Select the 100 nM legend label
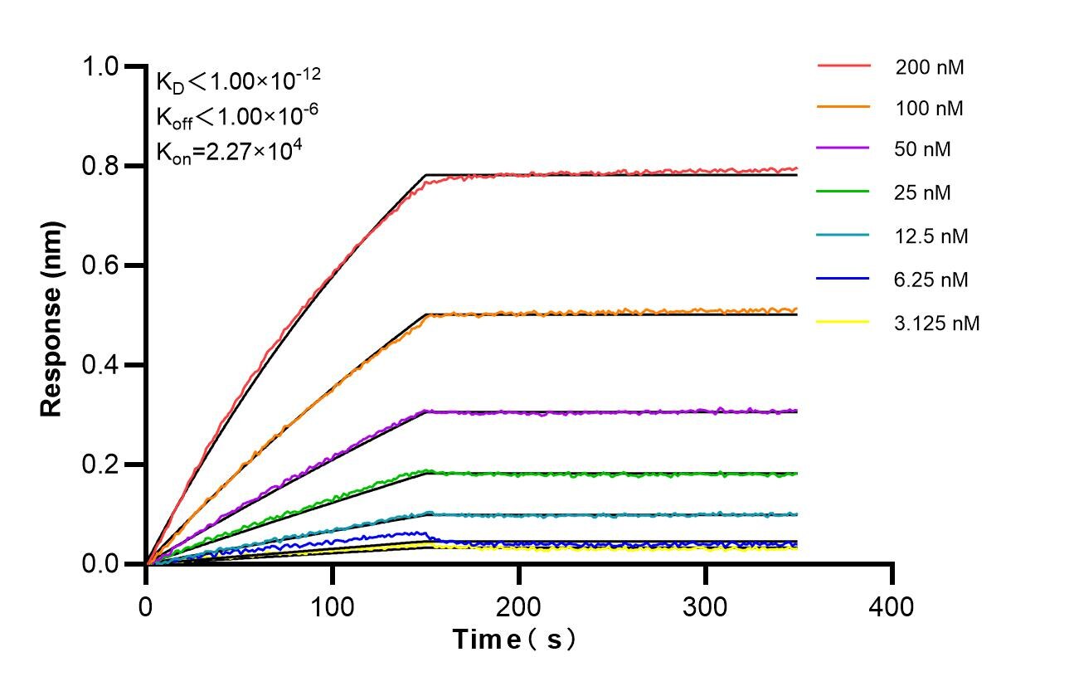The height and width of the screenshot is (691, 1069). [x=929, y=108]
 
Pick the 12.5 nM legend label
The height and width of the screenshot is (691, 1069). [x=931, y=236]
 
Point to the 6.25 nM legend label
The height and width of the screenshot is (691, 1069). [x=931, y=280]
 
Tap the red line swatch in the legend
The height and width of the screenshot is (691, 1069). [x=843, y=65]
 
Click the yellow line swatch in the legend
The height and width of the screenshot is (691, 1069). [x=843, y=321]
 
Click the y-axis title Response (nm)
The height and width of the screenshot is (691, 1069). [x=52, y=318]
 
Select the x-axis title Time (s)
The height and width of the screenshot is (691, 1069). [x=513, y=639]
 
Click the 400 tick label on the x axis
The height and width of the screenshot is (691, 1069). [x=892, y=606]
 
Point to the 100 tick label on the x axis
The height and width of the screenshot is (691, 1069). [x=333, y=606]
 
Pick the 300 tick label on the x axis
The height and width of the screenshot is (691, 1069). [x=705, y=606]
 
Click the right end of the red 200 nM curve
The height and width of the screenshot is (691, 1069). [x=796, y=168]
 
